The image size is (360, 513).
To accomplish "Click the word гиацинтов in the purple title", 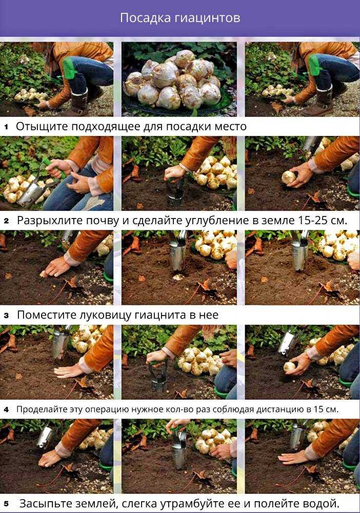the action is (x=207, y=17).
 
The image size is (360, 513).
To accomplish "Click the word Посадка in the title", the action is (x=145, y=17).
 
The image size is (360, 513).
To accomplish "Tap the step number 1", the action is (x=6, y=127).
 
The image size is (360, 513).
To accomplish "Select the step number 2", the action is (x=7, y=221).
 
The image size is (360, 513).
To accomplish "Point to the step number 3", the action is (x=7, y=315).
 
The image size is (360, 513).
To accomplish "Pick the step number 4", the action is (x=7, y=409).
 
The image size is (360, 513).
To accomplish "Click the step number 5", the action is (x=7, y=504).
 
